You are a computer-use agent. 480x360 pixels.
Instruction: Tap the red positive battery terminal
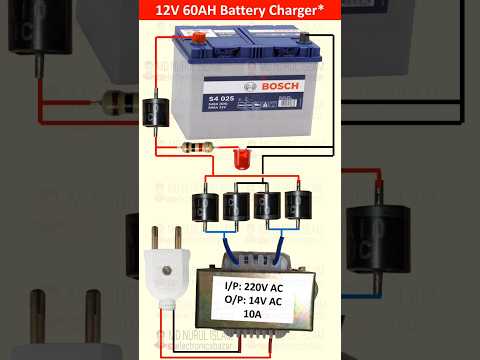pyautogui.click(x=198, y=38)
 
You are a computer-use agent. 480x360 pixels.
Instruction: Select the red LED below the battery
pyautogui.click(x=240, y=157)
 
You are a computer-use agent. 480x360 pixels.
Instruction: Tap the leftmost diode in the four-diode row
pyautogui.click(x=205, y=206)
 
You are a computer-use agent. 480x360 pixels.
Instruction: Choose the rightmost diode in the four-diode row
pyautogui.click(x=297, y=205)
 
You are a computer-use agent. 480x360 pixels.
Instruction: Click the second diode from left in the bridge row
pyautogui.click(x=236, y=206)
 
